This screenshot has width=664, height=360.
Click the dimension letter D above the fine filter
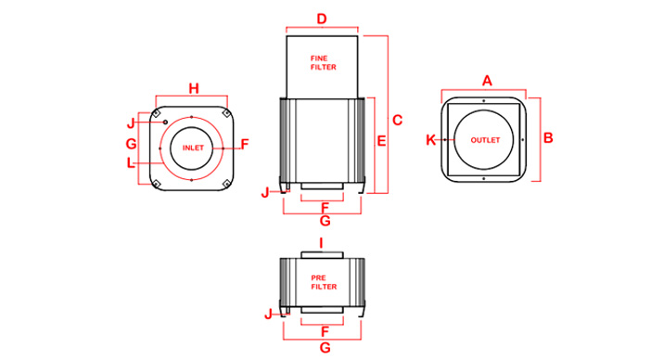pyautogui.click(x=322, y=19)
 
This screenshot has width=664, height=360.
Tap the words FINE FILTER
pyautogui.click(x=323, y=63)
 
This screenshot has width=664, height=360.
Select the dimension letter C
pyautogui.click(x=397, y=121)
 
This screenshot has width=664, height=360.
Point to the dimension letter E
pyautogui.click(x=381, y=141)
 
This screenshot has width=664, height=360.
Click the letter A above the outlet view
pyautogui.click(x=487, y=81)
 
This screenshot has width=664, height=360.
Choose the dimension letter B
pyautogui.click(x=548, y=137)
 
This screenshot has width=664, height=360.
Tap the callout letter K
pyautogui.click(x=430, y=140)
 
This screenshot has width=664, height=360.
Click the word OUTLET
pyautogui.click(x=485, y=140)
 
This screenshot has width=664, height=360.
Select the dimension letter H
pyautogui.click(x=194, y=88)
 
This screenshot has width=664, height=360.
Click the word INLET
pyautogui.click(x=193, y=148)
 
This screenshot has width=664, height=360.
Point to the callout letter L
pyautogui.click(x=131, y=163)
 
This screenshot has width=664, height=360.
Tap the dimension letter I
pyautogui.click(x=322, y=243)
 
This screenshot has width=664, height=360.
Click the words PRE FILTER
pyautogui.click(x=324, y=282)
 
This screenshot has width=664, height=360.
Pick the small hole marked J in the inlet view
pyautogui.click(x=165, y=122)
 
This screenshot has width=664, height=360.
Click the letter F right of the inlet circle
pyautogui.click(x=244, y=145)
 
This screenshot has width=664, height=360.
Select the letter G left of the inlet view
pyautogui.click(x=132, y=144)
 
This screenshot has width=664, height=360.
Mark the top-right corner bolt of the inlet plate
pyautogui.click(x=226, y=113)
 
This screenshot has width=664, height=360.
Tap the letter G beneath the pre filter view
pyautogui.click(x=325, y=348)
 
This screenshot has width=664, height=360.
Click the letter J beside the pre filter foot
pyautogui.click(x=268, y=315)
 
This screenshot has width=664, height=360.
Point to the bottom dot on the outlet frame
pyautogui.click(x=483, y=179)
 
